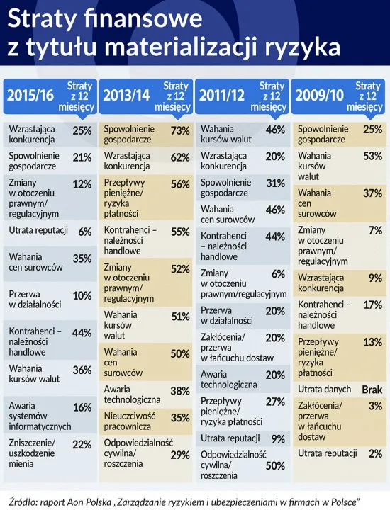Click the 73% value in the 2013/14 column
pos(180,131)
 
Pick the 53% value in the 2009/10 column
pos(372,156)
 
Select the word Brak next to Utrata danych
pos(372,390)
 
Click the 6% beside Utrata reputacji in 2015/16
pos(85,232)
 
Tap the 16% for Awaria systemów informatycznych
pos(82,407)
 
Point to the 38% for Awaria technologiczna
pos(180,391)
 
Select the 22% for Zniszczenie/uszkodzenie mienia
pos(82,444)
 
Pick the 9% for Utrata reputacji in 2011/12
pos(278,438)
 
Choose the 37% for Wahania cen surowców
pos(372,193)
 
